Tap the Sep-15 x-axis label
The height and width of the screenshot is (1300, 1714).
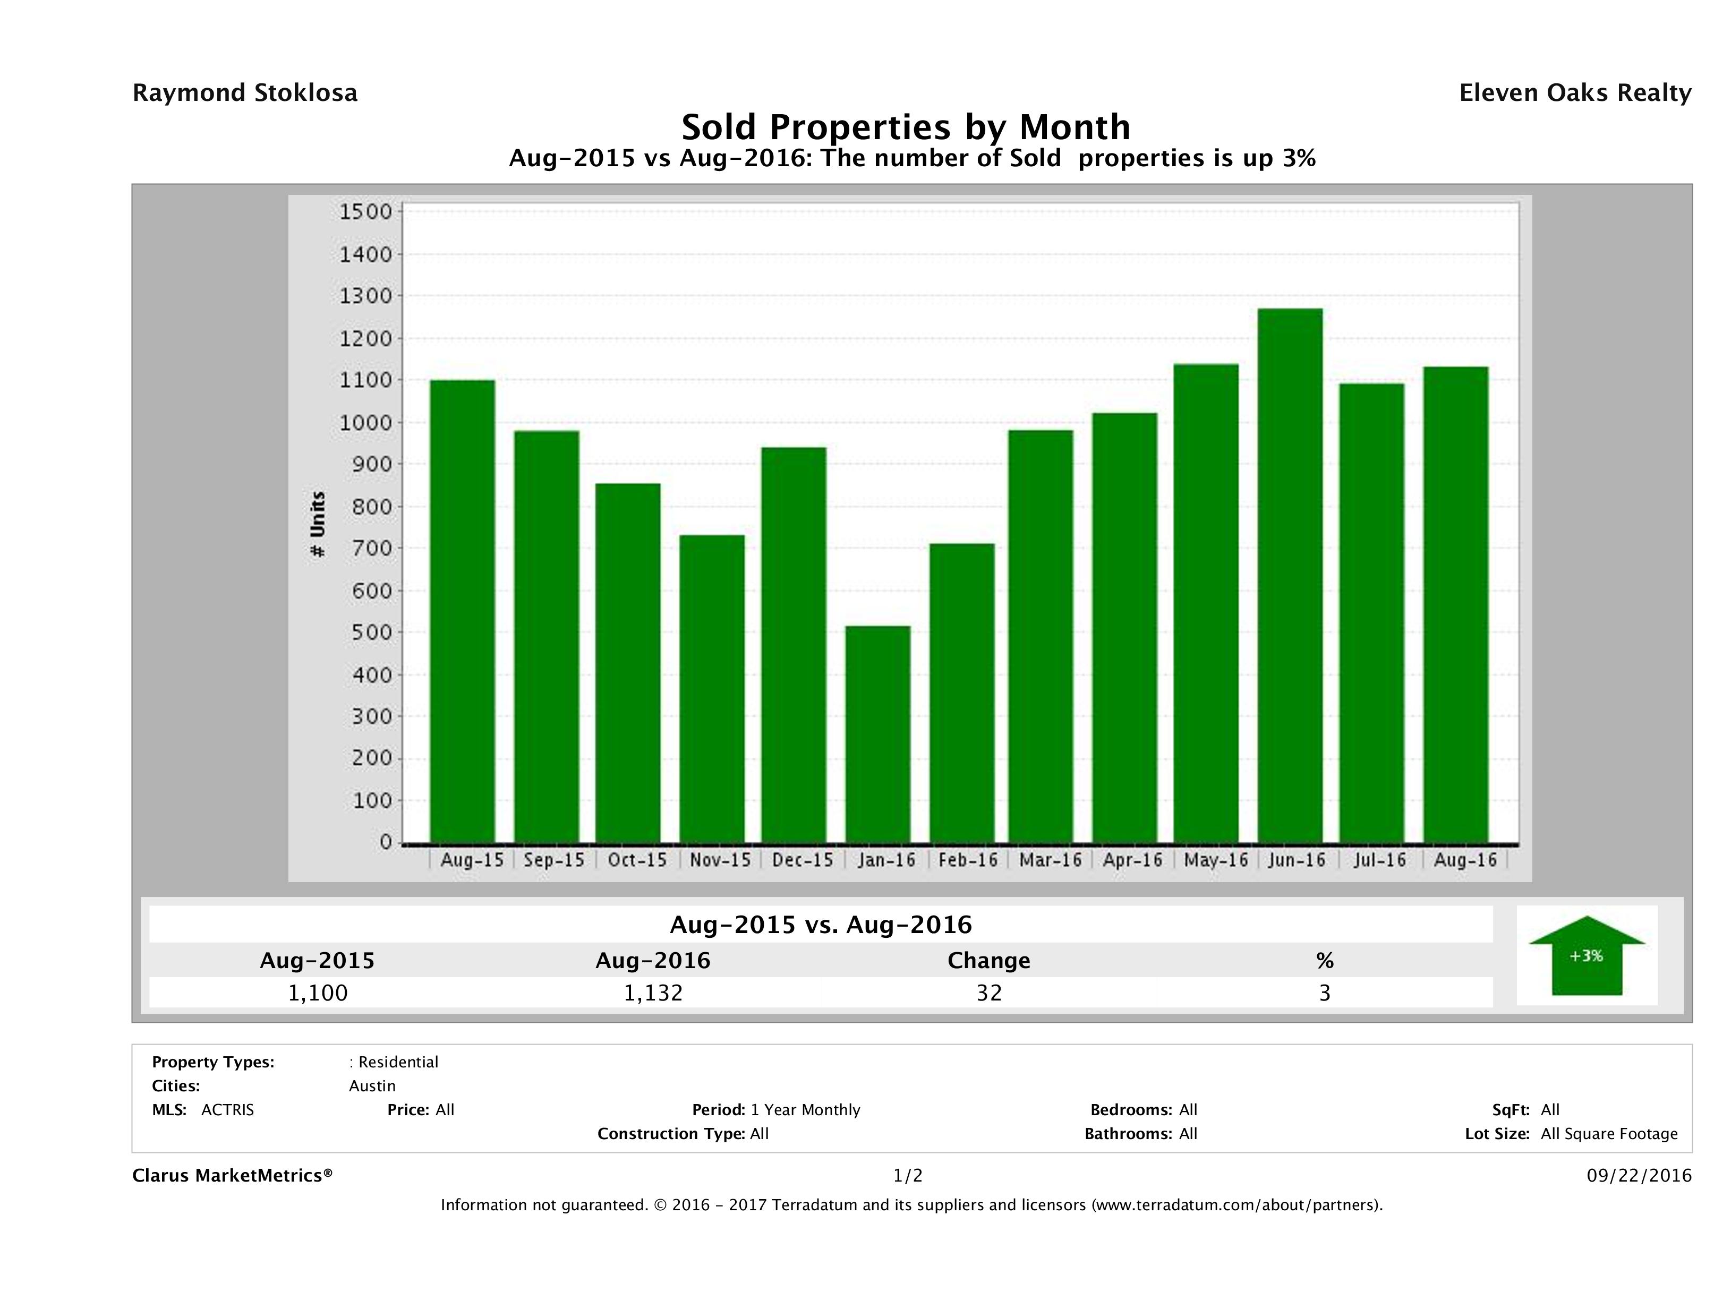(x=553, y=860)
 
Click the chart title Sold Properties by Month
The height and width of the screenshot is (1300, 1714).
(x=905, y=126)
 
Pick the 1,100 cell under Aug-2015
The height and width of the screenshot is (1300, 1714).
(x=317, y=993)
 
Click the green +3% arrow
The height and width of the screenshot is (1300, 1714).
(x=1585, y=955)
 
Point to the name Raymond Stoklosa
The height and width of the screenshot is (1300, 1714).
(x=245, y=93)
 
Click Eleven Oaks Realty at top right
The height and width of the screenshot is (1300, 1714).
(x=1574, y=93)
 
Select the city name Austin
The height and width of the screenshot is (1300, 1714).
(x=372, y=1086)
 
